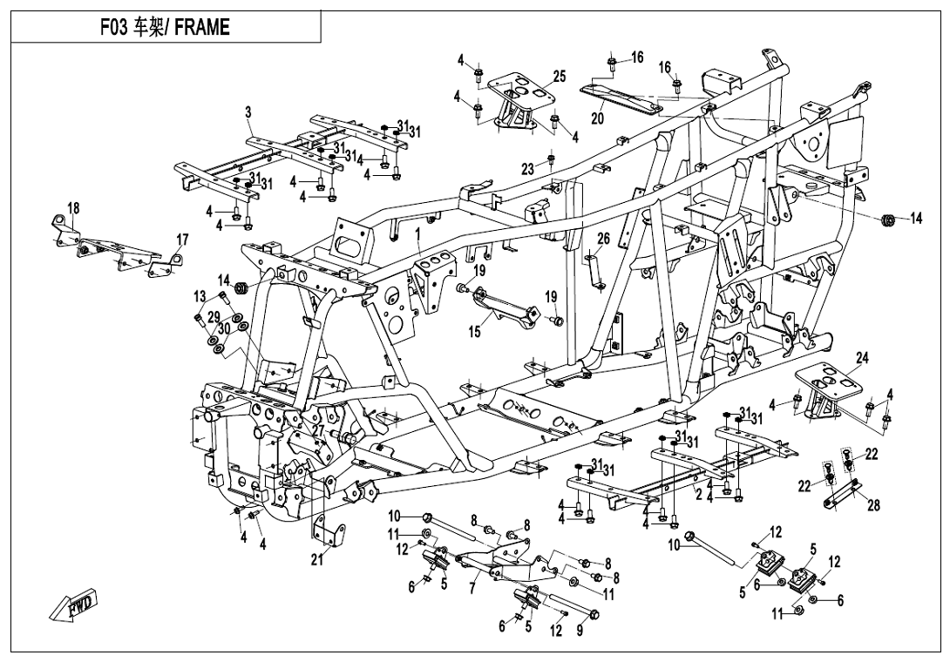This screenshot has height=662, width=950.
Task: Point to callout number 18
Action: (73, 208)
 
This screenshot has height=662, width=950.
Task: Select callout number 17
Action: (182, 240)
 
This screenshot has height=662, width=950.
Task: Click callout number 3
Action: (248, 112)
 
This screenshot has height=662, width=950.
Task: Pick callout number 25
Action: (559, 77)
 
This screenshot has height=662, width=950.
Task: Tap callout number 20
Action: (598, 118)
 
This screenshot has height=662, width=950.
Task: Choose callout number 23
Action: (527, 169)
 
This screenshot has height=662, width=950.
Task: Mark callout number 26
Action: (603, 239)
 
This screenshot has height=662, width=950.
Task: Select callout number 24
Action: (862, 358)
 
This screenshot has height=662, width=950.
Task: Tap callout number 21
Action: (316, 559)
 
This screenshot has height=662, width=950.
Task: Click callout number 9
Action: (580, 632)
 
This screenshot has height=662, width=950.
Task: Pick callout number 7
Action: (472, 590)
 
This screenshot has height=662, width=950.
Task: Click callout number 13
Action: (200, 297)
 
